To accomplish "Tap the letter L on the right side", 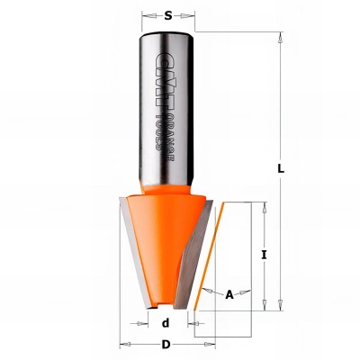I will (x=282, y=168).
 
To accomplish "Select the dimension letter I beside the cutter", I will (x=264, y=255).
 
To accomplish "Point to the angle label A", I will (x=229, y=293).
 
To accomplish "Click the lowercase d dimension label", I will (x=165, y=322).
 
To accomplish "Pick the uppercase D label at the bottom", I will (x=165, y=345).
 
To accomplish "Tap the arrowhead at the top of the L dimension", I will (x=282, y=39).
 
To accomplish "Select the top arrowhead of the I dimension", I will (x=264, y=207).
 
